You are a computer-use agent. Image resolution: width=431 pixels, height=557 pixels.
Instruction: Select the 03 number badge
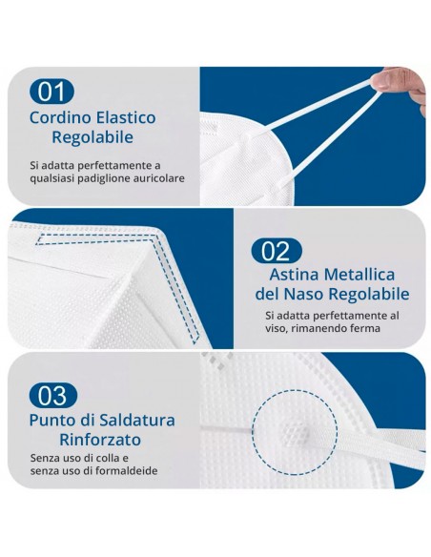click(51, 394)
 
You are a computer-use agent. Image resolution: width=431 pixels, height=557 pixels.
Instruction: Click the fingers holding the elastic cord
click(411, 84)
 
